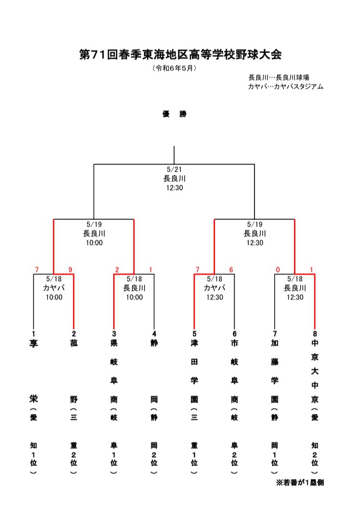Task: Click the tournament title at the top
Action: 180,54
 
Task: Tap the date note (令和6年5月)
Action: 174,68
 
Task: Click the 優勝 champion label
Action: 174,114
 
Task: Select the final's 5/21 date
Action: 174,170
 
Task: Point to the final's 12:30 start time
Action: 174,188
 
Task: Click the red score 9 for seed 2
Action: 70,269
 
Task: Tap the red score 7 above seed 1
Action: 36,269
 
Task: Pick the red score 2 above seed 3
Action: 117,269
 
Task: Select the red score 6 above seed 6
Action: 231,269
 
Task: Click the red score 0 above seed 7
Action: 278,269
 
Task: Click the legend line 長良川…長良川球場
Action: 279,77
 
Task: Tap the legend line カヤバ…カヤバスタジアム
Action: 285,87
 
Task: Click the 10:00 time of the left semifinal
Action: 94,243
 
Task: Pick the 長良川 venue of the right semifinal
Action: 254,233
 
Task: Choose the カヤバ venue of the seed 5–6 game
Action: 214,288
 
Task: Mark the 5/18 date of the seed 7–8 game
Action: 294,279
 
